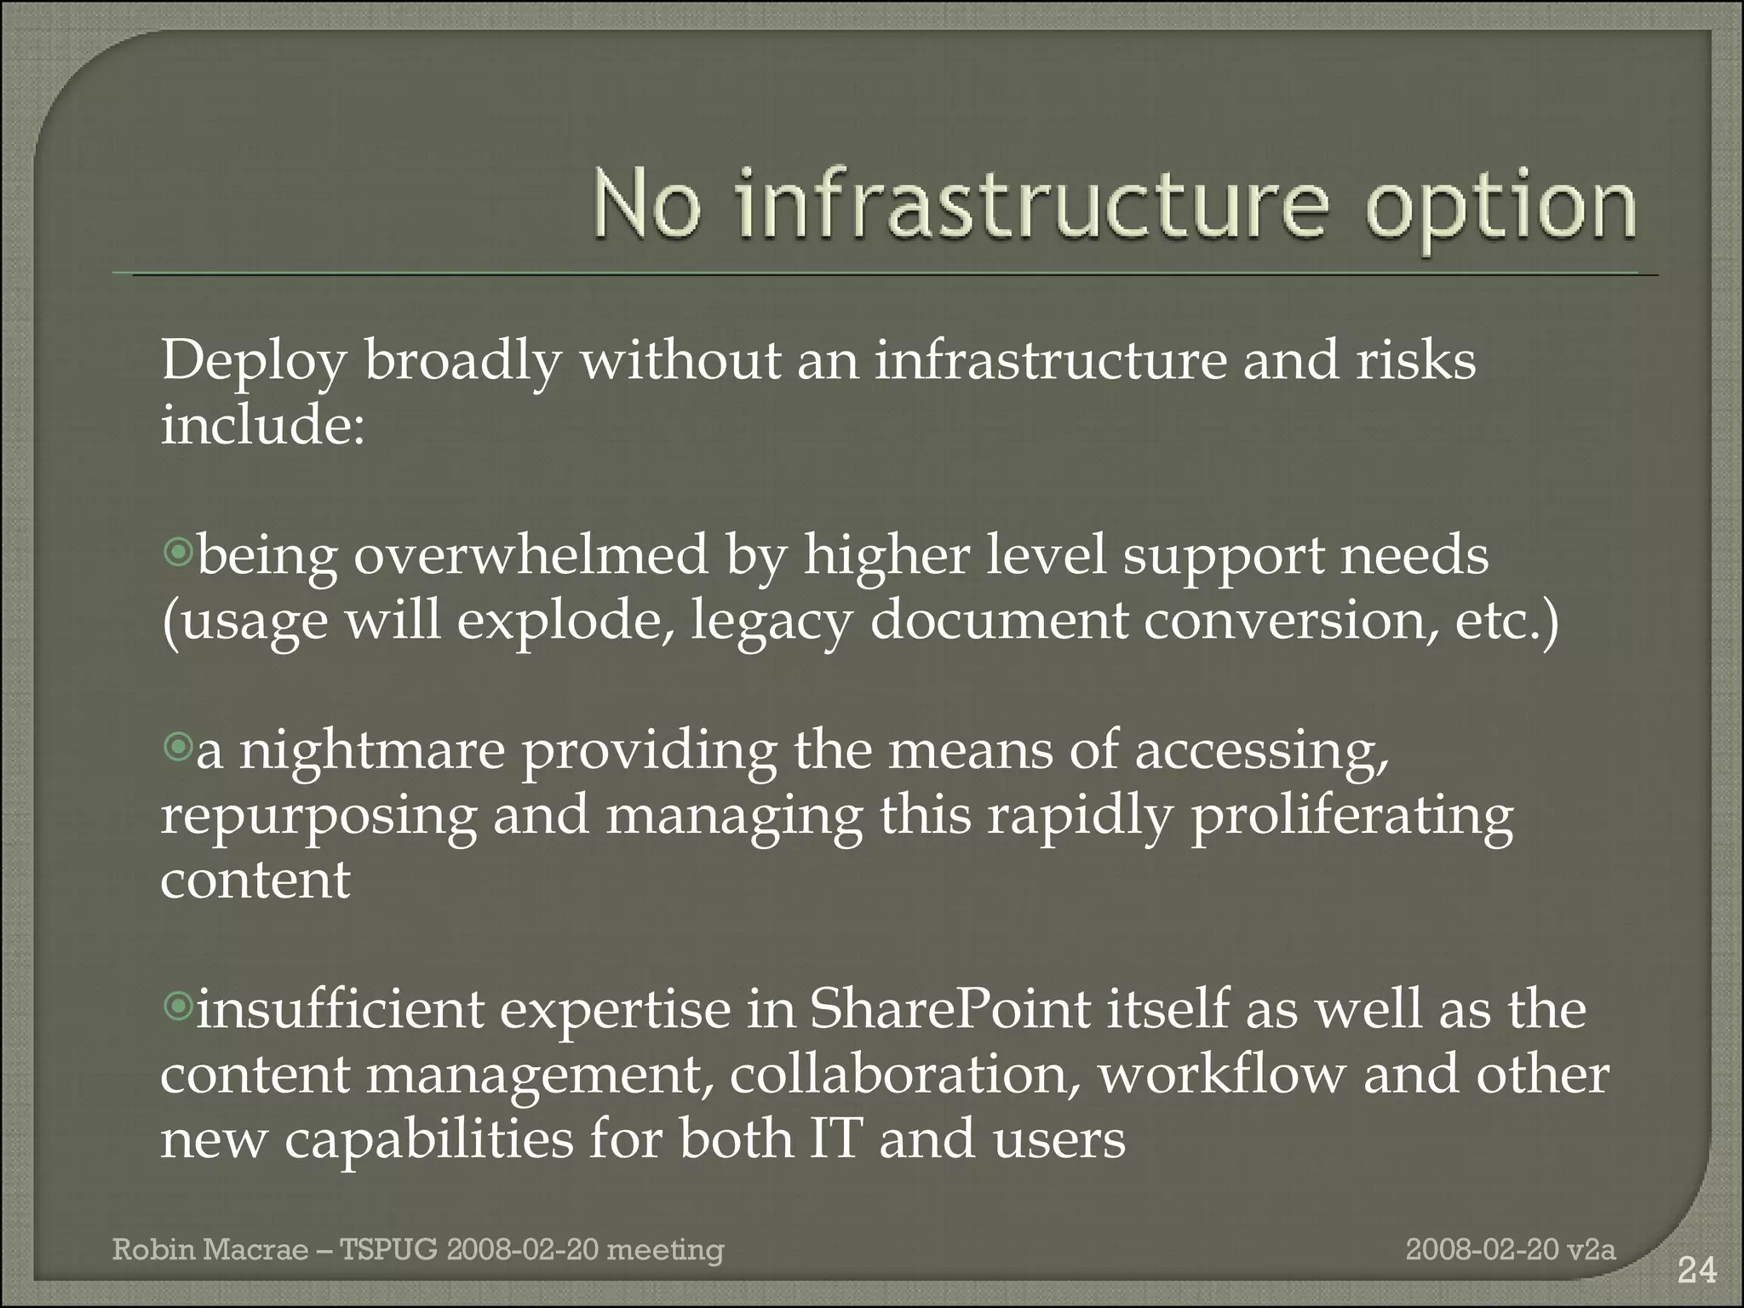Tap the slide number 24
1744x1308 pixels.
tap(1696, 1271)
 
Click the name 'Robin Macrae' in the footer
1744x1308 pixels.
tap(210, 1250)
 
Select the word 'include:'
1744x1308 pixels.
tap(263, 425)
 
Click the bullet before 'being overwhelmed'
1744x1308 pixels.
tap(178, 554)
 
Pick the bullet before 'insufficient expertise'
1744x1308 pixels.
tap(178, 1007)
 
